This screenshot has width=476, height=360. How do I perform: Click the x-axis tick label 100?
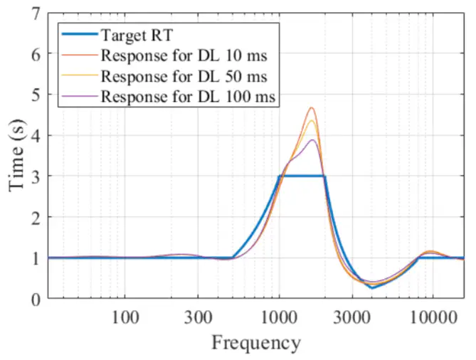coord(125,316)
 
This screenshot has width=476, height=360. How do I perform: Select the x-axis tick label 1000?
coord(279,316)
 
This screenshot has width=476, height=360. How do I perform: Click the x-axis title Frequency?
coord(255,343)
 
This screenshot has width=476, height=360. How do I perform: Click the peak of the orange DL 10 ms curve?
coord(312,107)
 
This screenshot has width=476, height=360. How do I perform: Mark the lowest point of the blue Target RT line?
coord(371,287)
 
